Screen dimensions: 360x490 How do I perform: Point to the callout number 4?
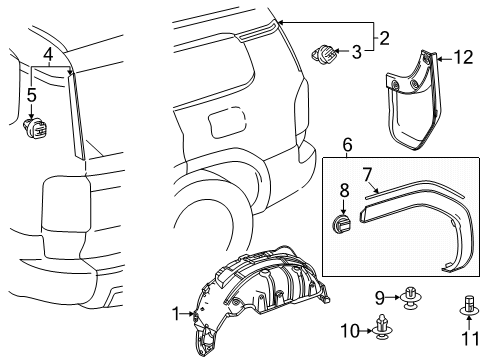pos(47,53)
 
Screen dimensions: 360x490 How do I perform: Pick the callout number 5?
pos(32,96)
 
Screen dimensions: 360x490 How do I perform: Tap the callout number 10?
pos(379,329)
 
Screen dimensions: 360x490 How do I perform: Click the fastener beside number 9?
pos(410,296)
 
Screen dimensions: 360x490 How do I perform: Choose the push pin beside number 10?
pos(408,326)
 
